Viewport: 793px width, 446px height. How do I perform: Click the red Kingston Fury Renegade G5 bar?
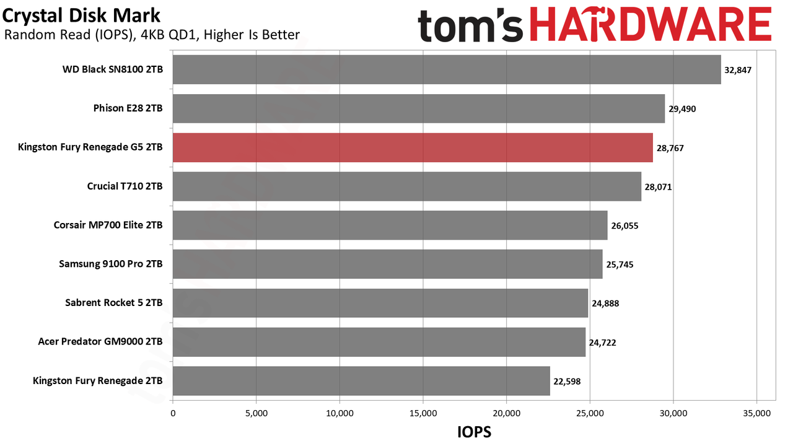[x=413, y=147]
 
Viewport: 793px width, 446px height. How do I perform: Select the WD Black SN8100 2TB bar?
[x=447, y=69]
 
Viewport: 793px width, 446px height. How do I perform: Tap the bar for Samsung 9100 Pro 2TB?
[x=388, y=264]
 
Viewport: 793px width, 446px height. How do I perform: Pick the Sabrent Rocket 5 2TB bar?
[x=380, y=303]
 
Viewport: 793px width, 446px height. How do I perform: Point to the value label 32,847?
[x=738, y=70]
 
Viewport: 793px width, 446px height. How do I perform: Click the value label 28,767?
[x=670, y=148]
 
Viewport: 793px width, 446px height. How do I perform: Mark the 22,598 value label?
[x=567, y=381]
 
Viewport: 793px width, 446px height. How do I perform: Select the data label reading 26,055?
[x=625, y=226]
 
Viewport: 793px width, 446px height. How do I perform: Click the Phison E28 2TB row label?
[x=128, y=108]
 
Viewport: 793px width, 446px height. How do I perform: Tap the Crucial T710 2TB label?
[x=125, y=186]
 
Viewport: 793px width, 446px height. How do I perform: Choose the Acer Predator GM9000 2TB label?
[x=100, y=341]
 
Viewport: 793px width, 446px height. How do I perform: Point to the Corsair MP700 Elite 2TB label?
[x=108, y=225]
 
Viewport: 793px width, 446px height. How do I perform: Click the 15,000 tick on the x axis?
[x=423, y=413]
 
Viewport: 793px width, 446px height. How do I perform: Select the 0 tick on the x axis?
[x=173, y=413]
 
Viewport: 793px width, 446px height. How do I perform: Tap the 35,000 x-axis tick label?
[x=757, y=413]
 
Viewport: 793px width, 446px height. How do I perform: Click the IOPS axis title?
[x=475, y=432]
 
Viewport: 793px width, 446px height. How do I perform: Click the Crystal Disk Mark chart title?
[x=81, y=16]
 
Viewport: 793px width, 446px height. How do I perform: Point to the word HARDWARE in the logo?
[x=651, y=25]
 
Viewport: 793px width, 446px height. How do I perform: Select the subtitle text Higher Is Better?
[x=252, y=35]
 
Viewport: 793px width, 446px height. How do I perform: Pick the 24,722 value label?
[x=603, y=343]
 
